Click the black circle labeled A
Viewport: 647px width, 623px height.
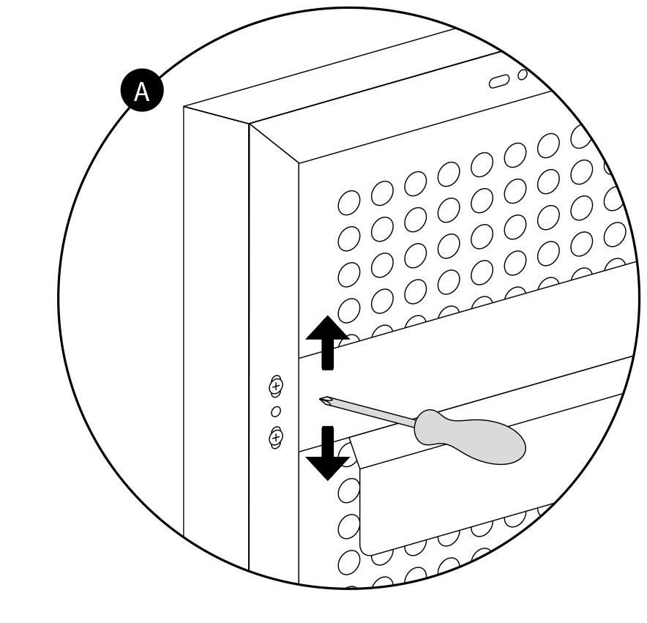click(142, 90)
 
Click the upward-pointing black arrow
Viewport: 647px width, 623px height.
click(327, 343)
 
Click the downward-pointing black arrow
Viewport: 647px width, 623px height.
click(327, 453)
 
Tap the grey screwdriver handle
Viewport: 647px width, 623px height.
click(470, 437)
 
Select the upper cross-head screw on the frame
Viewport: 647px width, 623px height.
click(276, 387)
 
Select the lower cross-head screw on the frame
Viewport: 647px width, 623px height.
click(276, 437)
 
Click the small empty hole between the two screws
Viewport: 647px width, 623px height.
click(276, 411)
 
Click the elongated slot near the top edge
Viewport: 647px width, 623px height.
click(499, 81)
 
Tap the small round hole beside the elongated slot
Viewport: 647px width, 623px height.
click(523, 75)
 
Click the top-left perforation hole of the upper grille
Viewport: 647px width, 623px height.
click(348, 202)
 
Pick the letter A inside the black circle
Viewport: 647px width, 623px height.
click(141, 92)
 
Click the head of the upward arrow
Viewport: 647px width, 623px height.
click(327, 328)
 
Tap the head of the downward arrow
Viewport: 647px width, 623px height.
click(328, 469)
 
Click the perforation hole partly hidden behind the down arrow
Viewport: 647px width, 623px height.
click(345, 453)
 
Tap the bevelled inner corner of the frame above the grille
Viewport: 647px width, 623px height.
click(299, 163)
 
